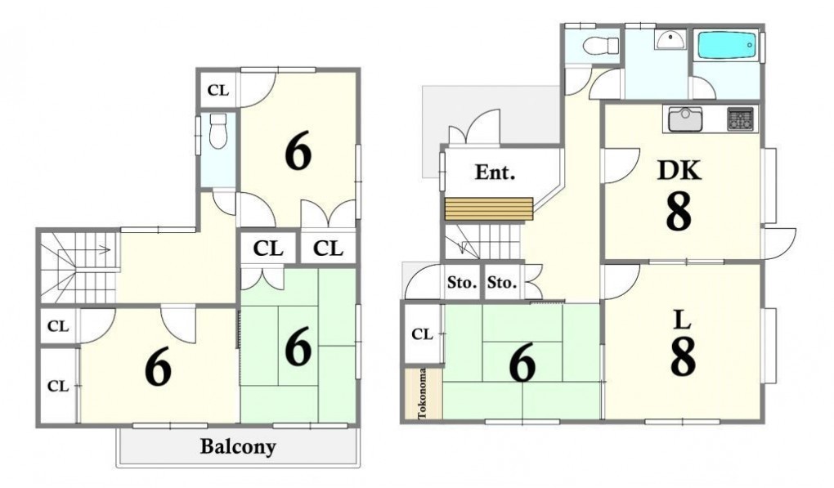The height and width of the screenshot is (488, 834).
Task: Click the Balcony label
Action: pyautogui.click(x=238, y=447)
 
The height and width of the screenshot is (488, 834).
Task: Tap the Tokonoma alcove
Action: pyautogui.click(x=423, y=393)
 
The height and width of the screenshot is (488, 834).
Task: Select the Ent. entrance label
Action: pyautogui.click(x=495, y=172)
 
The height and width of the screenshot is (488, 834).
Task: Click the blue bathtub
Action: pyautogui.click(x=727, y=47)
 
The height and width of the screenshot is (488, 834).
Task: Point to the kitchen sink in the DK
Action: pyautogui.click(x=685, y=119)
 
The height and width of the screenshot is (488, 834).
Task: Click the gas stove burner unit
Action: pyautogui.click(x=741, y=119)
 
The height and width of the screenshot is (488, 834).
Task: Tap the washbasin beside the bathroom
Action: pyautogui.click(x=671, y=39)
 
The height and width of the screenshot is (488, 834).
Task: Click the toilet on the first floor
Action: pyautogui.click(x=601, y=45)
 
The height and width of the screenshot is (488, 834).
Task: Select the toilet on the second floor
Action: pyautogui.click(x=218, y=131)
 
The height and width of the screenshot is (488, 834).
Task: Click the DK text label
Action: pyautogui.click(x=679, y=170)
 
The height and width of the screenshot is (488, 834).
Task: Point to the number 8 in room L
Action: pyautogui.click(x=683, y=357)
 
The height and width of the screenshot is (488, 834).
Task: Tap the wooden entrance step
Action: pyautogui.click(x=489, y=208)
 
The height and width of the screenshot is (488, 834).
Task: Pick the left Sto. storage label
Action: pyautogui.click(x=462, y=282)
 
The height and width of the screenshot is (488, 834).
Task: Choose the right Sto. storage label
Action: pyautogui.click(x=502, y=282)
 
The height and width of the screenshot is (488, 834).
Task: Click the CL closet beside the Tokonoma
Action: pyautogui.click(x=423, y=334)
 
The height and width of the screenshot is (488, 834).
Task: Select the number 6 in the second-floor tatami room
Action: pyautogui.click(x=298, y=346)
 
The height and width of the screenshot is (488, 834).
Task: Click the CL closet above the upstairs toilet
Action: pyautogui.click(x=218, y=91)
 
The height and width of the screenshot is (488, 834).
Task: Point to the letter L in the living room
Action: pyautogui.click(x=683, y=320)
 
